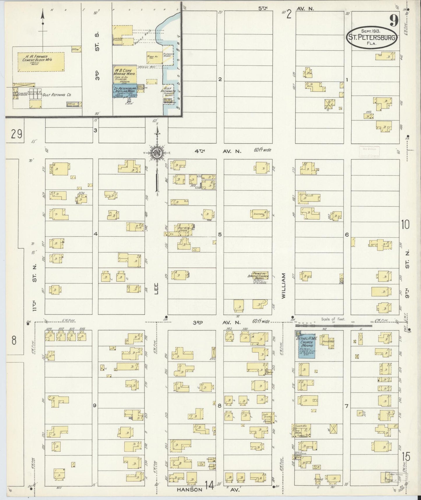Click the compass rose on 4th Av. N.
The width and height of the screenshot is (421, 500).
point(157,152)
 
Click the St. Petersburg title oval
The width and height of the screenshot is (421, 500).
point(372,38)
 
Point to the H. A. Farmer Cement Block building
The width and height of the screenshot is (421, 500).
point(41,62)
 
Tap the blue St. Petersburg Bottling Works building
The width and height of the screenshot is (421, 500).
point(124,91)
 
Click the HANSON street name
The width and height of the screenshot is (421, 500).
point(190,489)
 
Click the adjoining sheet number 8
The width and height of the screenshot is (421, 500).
point(14,340)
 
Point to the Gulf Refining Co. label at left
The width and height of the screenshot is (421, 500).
point(57,95)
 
